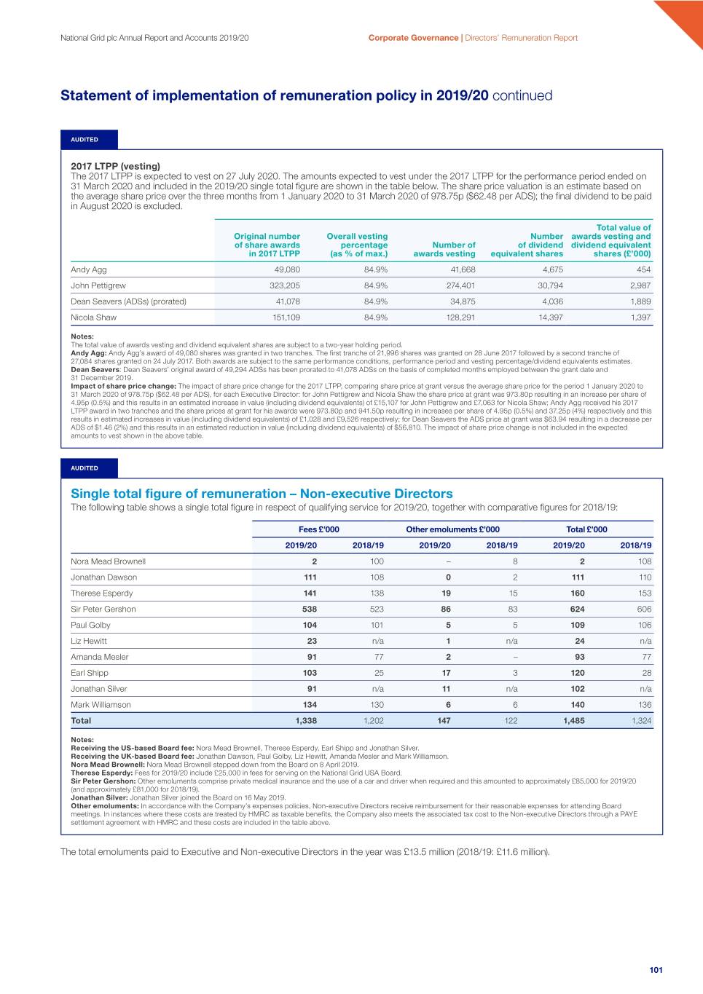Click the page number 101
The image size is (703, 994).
pos(656,970)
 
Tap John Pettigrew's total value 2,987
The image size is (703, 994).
pos(640,285)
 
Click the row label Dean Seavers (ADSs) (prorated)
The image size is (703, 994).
pos(128,301)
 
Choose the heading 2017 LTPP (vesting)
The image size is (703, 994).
pos(115,166)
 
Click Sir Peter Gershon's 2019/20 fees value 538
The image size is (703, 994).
pos(310,610)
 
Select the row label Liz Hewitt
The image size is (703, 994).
pos(89,642)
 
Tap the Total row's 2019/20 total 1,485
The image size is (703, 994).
pos(574,721)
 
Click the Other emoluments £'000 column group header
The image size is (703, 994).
pos(452,529)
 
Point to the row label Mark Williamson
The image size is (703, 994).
pos(101,705)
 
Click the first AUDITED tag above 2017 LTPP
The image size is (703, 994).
pos(85,139)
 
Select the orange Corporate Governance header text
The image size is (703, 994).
pos(413,38)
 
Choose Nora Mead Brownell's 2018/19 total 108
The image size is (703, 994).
pos(644,561)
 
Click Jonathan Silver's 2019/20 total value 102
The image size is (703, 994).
pos(577,689)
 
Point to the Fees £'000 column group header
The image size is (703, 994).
pos(318,529)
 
